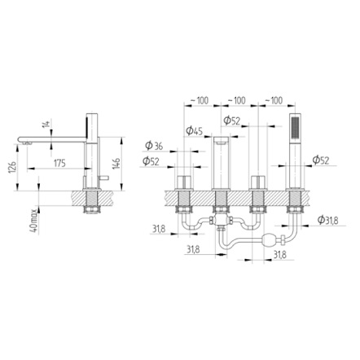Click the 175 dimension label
(59, 163)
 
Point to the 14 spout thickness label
(47, 127)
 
